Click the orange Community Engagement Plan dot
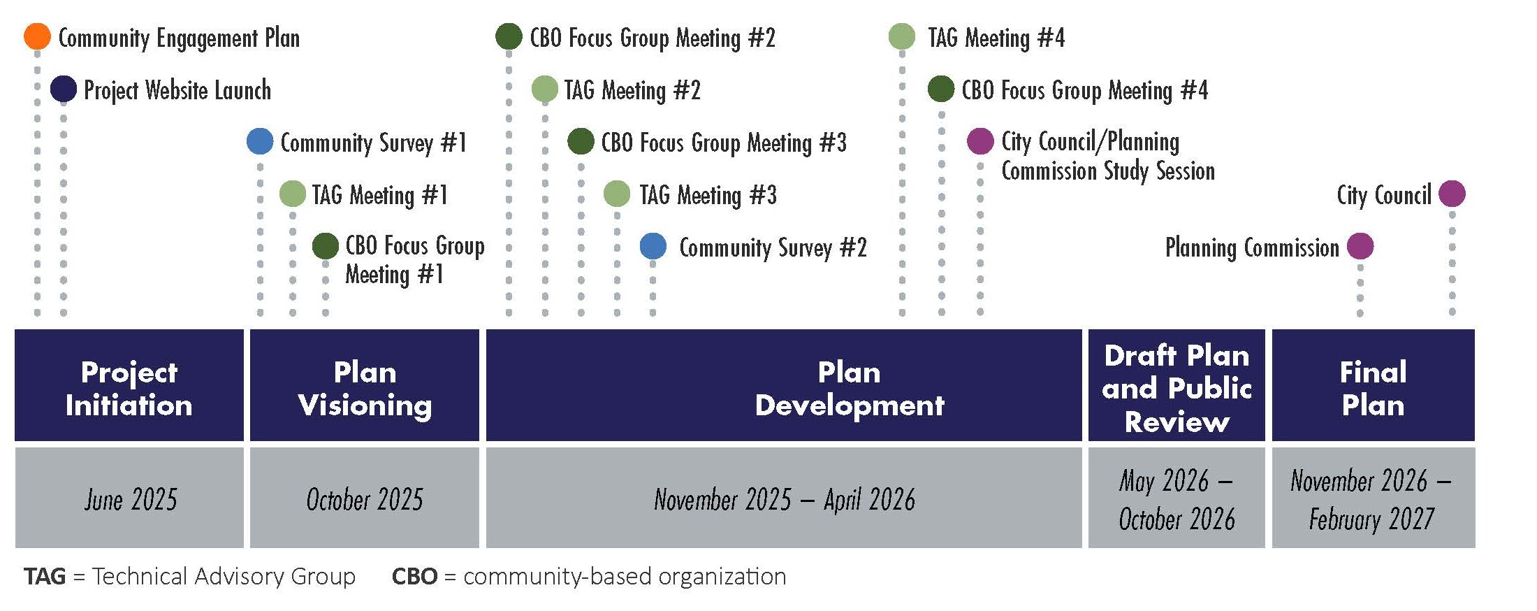point(37,36)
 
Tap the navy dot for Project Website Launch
point(64,89)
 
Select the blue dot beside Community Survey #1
point(260,141)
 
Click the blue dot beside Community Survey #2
point(653,246)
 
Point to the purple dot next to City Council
point(1452,194)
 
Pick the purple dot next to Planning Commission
point(1360,246)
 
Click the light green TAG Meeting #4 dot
point(902,36)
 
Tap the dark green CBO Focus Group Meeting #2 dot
point(509,36)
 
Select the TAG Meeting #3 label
point(708,195)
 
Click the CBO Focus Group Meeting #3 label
point(724,143)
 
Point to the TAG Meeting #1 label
point(379,195)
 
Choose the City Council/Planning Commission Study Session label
point(1108,156)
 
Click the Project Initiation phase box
point(129,385)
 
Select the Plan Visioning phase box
point(365,385)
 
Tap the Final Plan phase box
point(1374,385)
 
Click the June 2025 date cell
point(129,498)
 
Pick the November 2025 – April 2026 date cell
point(784,498)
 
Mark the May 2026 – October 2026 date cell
point(1177,498)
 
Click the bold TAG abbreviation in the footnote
point(45,576)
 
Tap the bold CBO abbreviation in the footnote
point(415,576)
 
